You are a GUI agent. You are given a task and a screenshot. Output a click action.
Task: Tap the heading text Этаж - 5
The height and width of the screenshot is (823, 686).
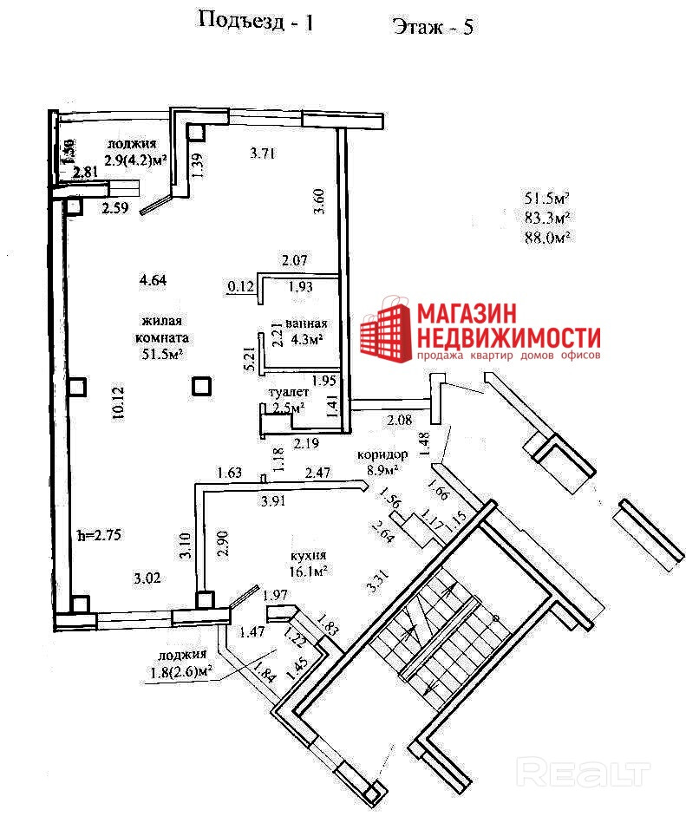pyautogui.click(x=433, y=26)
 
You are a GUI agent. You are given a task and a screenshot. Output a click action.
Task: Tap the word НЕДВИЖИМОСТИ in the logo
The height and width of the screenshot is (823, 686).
pyautogui.click(x=509, y=337)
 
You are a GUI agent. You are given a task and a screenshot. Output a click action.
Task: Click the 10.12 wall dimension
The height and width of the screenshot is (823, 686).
pyautogui.click(x=118, y=403)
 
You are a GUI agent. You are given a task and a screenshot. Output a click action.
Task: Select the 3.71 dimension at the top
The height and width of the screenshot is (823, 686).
pyautogui.click(x=262, y=154)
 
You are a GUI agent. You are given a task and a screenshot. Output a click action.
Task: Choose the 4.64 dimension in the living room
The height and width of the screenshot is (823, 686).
pyautogui.click(x=153, y=279)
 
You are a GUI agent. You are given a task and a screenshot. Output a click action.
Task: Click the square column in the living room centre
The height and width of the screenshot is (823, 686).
pyautogui.click(x=202, y=385)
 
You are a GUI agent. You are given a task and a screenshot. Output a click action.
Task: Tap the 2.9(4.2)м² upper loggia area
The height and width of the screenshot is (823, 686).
pyautogui.click(x=135, y=160)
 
